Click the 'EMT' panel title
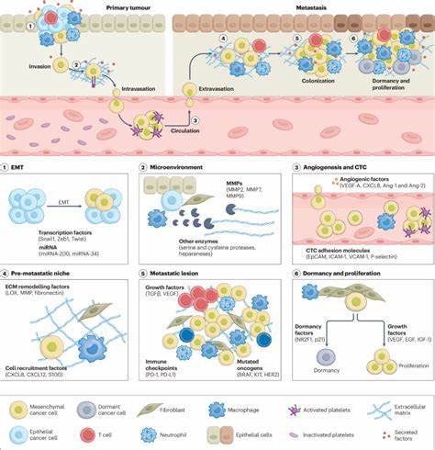[x=24, y=167]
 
